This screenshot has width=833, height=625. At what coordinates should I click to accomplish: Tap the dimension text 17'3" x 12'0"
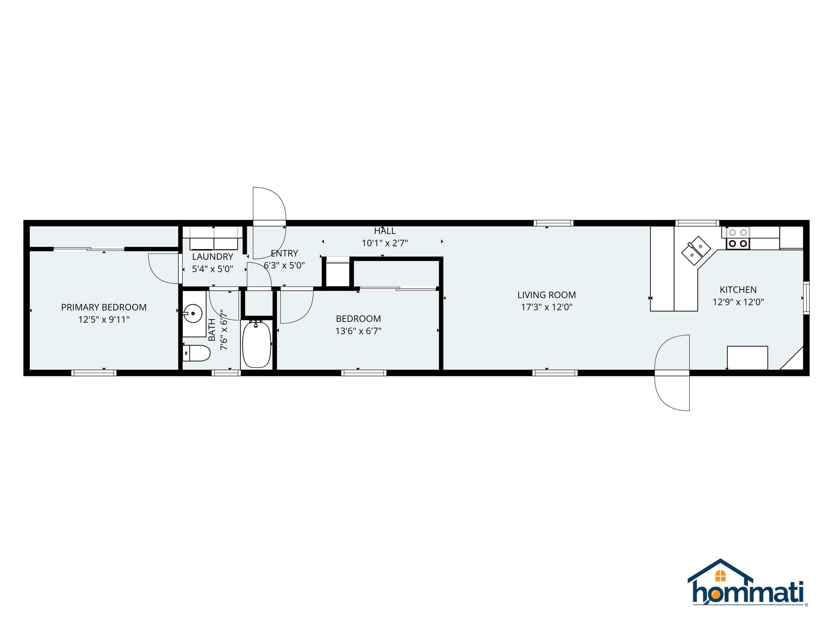click(546, 307)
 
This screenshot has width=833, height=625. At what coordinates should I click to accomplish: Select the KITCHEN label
click(738, 290)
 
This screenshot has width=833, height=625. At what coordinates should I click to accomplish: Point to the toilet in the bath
click(197, 353)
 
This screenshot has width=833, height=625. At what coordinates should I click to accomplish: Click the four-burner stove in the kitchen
click(738, 238)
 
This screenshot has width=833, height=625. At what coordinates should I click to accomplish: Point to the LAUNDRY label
click(212, 257)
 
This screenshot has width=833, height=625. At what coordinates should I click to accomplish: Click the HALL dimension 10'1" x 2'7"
click(385, 243)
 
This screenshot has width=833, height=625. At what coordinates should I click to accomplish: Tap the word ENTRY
click(284, 253)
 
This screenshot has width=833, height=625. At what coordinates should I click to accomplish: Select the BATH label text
click(212, 330)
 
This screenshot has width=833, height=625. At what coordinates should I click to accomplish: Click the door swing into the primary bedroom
click(163, 268)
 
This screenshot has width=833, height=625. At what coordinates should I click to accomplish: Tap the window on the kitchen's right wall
click(806, 297)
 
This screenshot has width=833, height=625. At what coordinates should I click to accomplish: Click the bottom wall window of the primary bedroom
click(94, 373)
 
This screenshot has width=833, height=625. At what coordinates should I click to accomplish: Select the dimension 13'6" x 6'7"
click(358, 331)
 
